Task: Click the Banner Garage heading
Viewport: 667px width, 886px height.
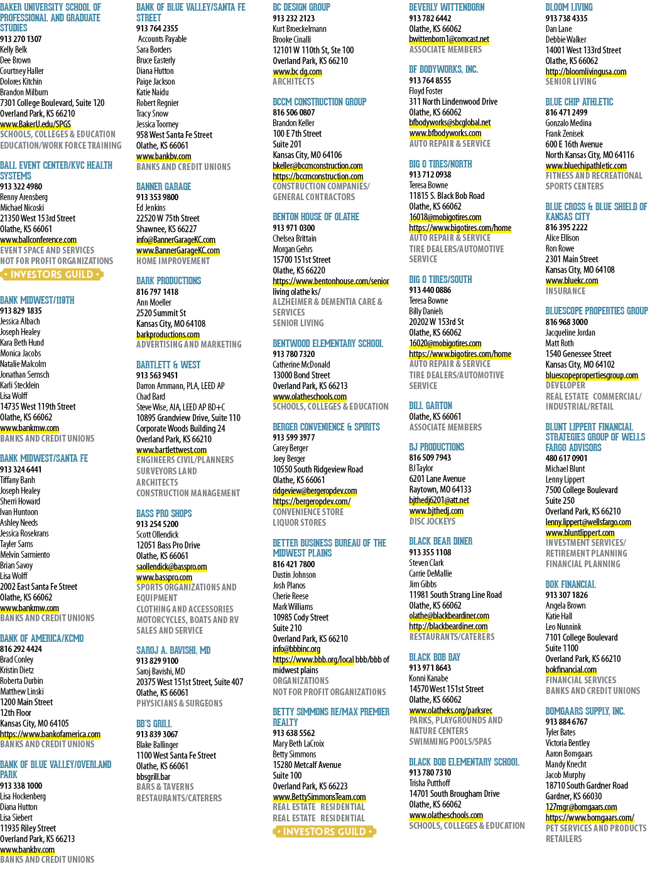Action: click(163, 186)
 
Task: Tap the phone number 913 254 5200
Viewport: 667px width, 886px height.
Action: click(157, 524)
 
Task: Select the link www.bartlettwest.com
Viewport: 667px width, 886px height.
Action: click(171, 450)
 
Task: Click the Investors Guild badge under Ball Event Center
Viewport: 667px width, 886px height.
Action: click(52, 274)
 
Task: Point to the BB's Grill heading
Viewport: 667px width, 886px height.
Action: click(154, 723)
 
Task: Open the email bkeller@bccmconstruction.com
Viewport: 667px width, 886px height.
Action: click(318, 166)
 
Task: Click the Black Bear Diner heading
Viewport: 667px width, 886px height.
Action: click(440, 542)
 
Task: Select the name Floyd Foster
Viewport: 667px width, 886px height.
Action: click(426, 91)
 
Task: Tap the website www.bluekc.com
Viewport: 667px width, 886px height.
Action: click(572, 280)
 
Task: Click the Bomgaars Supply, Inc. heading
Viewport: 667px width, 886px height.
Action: click(585, 711)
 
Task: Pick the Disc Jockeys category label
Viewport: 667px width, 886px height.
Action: click(432, 521)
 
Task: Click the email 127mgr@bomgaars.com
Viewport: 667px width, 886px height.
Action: click(581, 807)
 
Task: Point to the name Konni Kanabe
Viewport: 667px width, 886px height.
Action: click(428, 678)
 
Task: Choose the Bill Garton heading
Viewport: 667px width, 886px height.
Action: click(431, 405)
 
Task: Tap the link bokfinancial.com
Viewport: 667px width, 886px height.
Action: click(571, 670)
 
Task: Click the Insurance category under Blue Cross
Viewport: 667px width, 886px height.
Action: click(565, 291)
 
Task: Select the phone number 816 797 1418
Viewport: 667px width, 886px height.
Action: click(157, 292)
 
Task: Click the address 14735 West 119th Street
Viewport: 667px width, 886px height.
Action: click(38, 407)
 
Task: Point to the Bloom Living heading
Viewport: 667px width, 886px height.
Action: click(569, 8)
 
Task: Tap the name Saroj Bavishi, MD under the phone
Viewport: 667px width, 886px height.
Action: click(160, 671)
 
